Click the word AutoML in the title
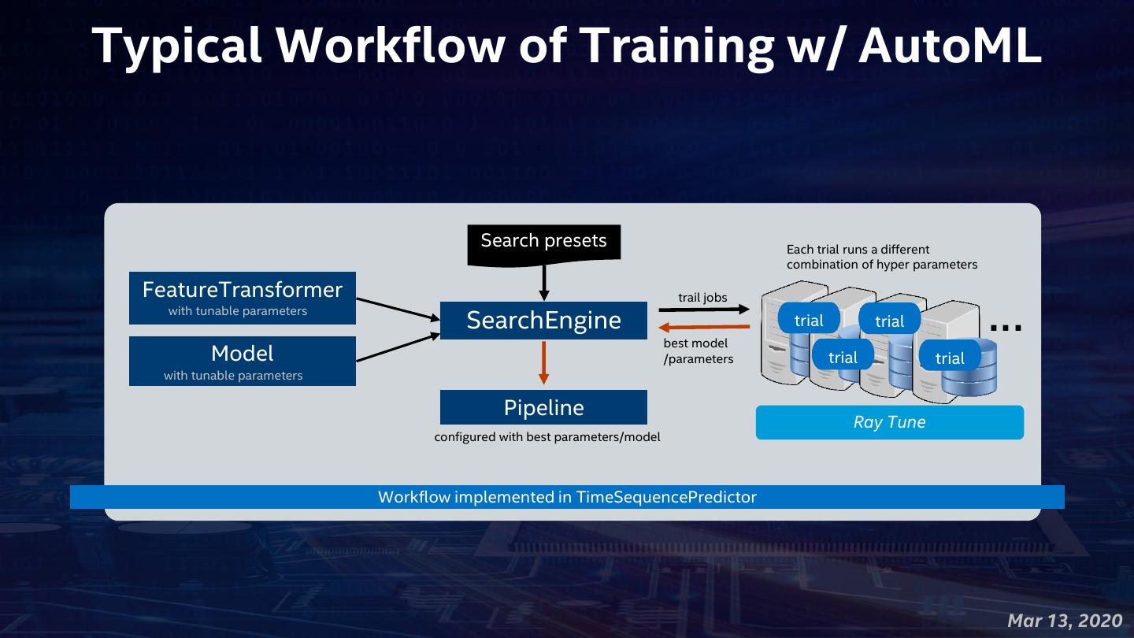point(950,46)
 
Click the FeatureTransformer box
point(243,298)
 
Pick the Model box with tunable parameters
point(243,361)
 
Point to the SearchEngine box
point(543,320)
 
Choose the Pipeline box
point(543,407)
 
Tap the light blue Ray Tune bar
point(889,422)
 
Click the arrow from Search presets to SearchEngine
point(543,280)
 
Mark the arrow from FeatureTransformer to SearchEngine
point(398,308)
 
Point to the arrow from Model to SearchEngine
point(398,347)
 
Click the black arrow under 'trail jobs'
point(703,309)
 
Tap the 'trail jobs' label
point(702,298)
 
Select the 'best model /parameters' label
point(698,351)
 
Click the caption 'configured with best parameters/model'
point(547,436)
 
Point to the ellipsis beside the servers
point(1006,328)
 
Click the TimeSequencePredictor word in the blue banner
point(666,497)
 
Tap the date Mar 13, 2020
point(1065,621)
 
